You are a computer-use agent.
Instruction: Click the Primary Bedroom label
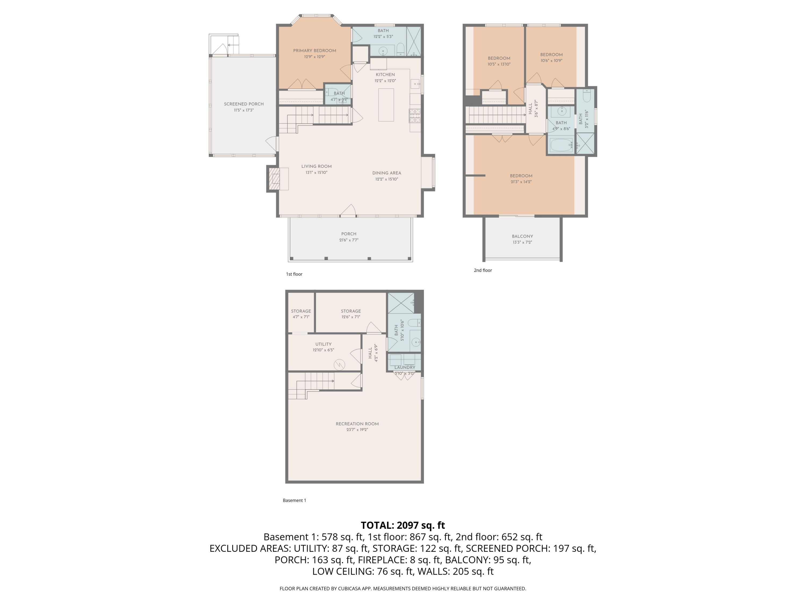pos(314,51)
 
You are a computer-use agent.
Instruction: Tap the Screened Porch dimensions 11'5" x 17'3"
pos(244,110)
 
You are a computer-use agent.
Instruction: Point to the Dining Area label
pos(387,173)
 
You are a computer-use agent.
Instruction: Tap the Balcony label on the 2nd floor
pos(522,236)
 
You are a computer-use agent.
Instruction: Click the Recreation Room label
pos(357,424)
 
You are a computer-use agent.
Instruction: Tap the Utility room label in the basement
pos(323,344)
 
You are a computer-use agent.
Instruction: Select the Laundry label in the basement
pos(404,368)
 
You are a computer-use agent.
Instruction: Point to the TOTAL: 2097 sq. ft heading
pos(403,525)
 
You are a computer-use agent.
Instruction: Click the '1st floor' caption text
pos(294,274)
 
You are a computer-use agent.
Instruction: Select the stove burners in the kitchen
pos(415,116)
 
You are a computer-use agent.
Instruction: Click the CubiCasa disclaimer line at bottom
pos(403,589)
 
